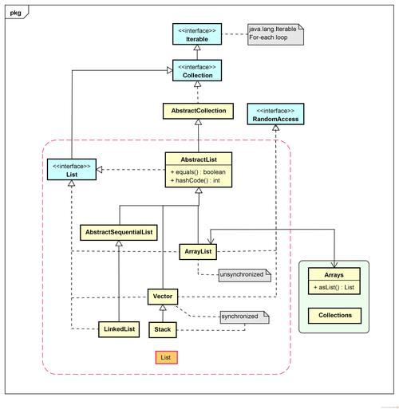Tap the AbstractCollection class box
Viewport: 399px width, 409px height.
(198, 111)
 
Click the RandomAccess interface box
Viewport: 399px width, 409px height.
(275, 115)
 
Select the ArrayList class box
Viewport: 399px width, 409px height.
(198, 251)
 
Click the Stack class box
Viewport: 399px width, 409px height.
(162, 328)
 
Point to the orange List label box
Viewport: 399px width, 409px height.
(166, 357)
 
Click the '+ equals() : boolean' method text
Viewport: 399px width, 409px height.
(198, 171)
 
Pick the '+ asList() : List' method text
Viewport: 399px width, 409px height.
(334, 286)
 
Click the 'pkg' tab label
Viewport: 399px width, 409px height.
(16, 12)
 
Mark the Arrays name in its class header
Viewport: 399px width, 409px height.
(334, 274)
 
